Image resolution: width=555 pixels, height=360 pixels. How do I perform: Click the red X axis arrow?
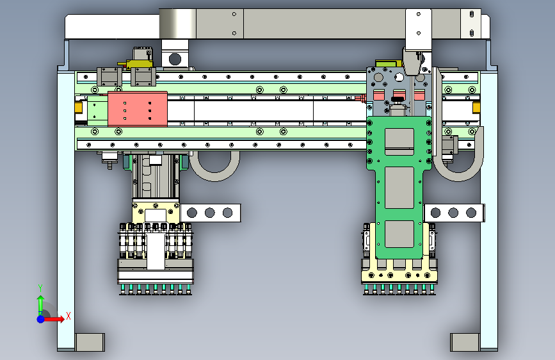tap(54, 319)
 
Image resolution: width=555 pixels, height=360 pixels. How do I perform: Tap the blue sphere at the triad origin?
tap(41, 319)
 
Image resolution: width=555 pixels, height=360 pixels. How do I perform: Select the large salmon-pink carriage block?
tap(138, 109)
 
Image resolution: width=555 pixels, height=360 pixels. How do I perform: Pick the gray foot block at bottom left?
tap(90, 342)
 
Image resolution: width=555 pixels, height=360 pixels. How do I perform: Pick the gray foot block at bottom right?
tap(465, 342)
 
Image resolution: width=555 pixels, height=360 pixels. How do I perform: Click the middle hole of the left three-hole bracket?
tap(209, 213)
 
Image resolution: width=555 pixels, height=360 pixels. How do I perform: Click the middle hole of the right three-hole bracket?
tap(453, 213)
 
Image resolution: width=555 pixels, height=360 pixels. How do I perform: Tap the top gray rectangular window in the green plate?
tap(399, 142)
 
